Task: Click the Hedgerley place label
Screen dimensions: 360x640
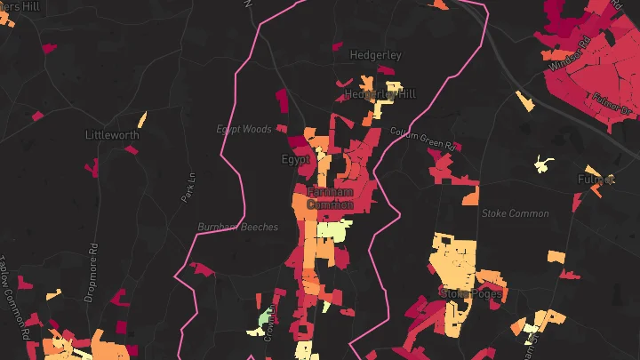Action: click(x=375, y=54)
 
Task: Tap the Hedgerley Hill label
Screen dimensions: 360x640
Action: click(x=380, y=93)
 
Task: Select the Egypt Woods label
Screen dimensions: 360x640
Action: click(x=244, y=130)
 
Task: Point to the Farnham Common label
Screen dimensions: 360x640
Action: click(x=330, y=198)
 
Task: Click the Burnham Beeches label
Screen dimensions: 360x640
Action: click(x=237, y=227)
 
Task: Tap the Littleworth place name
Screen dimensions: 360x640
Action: click(x=112, y=135)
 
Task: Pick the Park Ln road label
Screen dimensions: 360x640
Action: click(x=188, y=188)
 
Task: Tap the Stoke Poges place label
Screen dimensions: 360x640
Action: click(x=471, y=292)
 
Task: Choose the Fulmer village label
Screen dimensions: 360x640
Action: click(x=596, y=180)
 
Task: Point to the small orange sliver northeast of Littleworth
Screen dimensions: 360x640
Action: click(x=141, y=119)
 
